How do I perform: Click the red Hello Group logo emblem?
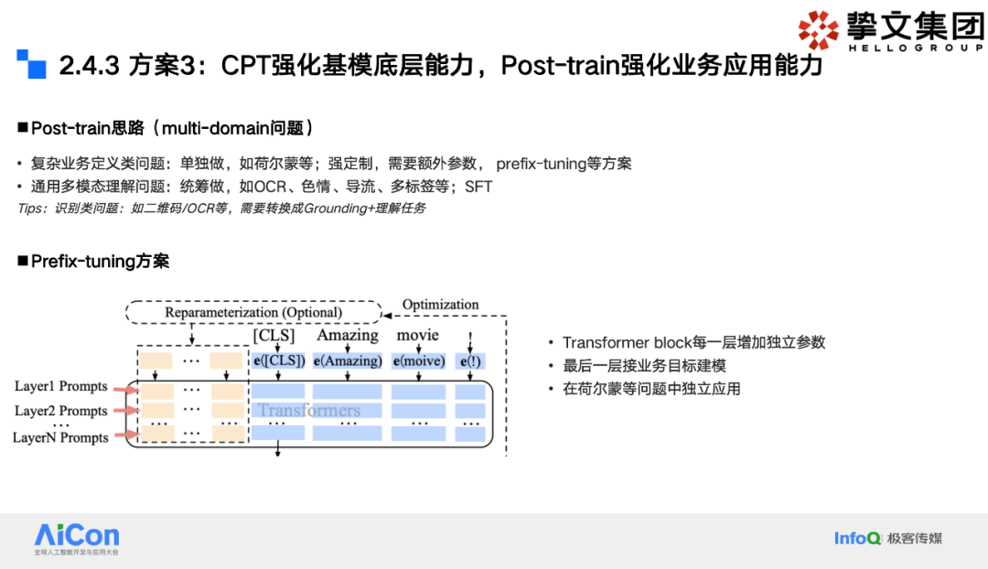[x=818, y=29]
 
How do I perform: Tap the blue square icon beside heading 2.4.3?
[x=31, y=64]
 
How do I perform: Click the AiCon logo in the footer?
[x=77, y=537]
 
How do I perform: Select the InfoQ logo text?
[x=857, y=538]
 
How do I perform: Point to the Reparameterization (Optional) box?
[x=253, y=313]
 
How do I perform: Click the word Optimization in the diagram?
[x=440, y=305]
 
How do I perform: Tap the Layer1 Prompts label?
[x=61, y=387]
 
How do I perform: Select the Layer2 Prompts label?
[x=61, y=411]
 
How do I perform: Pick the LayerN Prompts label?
[x=60, y=437]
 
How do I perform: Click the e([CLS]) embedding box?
[x=279, y=360]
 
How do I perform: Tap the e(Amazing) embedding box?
[x=348, y=360]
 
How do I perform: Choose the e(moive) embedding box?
[x=418, y=360]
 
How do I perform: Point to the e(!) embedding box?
[x=470, y=360]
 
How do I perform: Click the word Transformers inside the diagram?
[x=308, y=410]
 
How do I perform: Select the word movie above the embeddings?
[x=417, y=336]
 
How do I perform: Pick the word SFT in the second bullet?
[x=478, y=187]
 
